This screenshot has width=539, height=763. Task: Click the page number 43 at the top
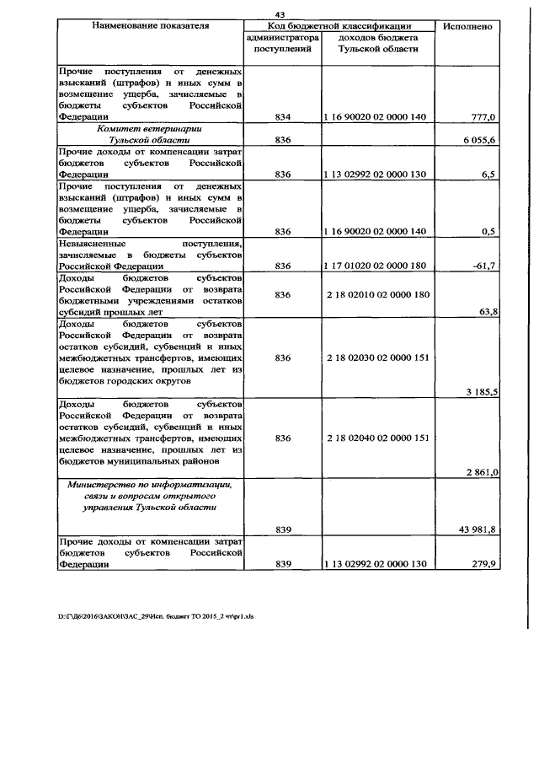[x=280, y=13]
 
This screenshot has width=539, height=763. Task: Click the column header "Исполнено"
[x=467, y=26]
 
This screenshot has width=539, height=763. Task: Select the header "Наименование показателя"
[x=148, y=26]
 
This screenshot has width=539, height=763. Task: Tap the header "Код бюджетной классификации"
[x=339, y=26]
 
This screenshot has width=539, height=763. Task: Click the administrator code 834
[x=283, y=116]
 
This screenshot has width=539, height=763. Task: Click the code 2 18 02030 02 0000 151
[x=376, y=357]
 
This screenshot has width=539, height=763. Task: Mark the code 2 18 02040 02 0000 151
[x=376, y=438]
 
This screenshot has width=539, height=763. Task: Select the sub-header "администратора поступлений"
[x=283, y=44]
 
